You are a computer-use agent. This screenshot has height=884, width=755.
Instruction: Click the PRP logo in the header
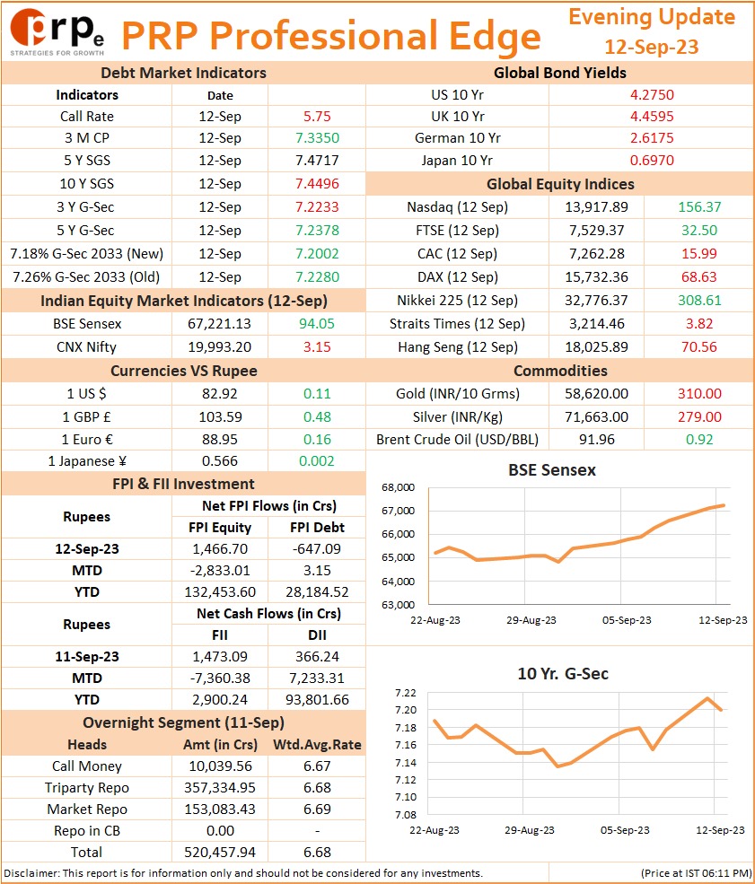(57, 31)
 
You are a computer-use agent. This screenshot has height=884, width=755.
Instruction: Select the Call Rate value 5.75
(317, 117)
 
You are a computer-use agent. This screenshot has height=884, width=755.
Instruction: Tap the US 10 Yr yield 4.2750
(652, 95)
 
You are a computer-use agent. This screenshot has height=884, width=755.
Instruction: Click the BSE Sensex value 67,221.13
(219, 324)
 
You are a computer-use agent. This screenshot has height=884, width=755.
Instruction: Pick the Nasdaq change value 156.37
(699, 207)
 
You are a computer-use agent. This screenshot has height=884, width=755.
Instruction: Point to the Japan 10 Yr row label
(457, 161)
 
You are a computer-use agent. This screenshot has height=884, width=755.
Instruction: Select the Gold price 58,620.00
(597, 393)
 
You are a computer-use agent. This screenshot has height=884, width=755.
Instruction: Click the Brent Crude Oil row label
(457, 440)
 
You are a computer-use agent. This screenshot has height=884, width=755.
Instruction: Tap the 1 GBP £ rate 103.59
(220, 417)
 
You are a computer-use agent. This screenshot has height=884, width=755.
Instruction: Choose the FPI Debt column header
(317, 528)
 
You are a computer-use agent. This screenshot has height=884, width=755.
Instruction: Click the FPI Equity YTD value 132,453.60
(220, 592)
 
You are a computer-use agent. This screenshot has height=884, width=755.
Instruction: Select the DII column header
(317, 635)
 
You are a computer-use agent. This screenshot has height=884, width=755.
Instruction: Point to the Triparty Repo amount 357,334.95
(220, 788)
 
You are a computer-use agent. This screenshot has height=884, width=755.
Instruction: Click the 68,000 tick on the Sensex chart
(398, 487)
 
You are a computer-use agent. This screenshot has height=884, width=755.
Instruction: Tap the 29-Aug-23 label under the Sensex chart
(531, 620)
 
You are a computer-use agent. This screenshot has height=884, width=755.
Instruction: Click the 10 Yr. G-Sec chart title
(563, 674)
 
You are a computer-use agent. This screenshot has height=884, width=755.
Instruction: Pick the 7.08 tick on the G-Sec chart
(406, 815)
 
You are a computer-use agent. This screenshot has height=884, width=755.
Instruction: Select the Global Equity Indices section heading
(560, 184)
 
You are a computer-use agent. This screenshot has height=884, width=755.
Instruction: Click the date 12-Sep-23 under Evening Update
(652, 47)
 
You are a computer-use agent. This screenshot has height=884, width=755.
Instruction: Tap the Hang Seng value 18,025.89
(597, 346)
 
